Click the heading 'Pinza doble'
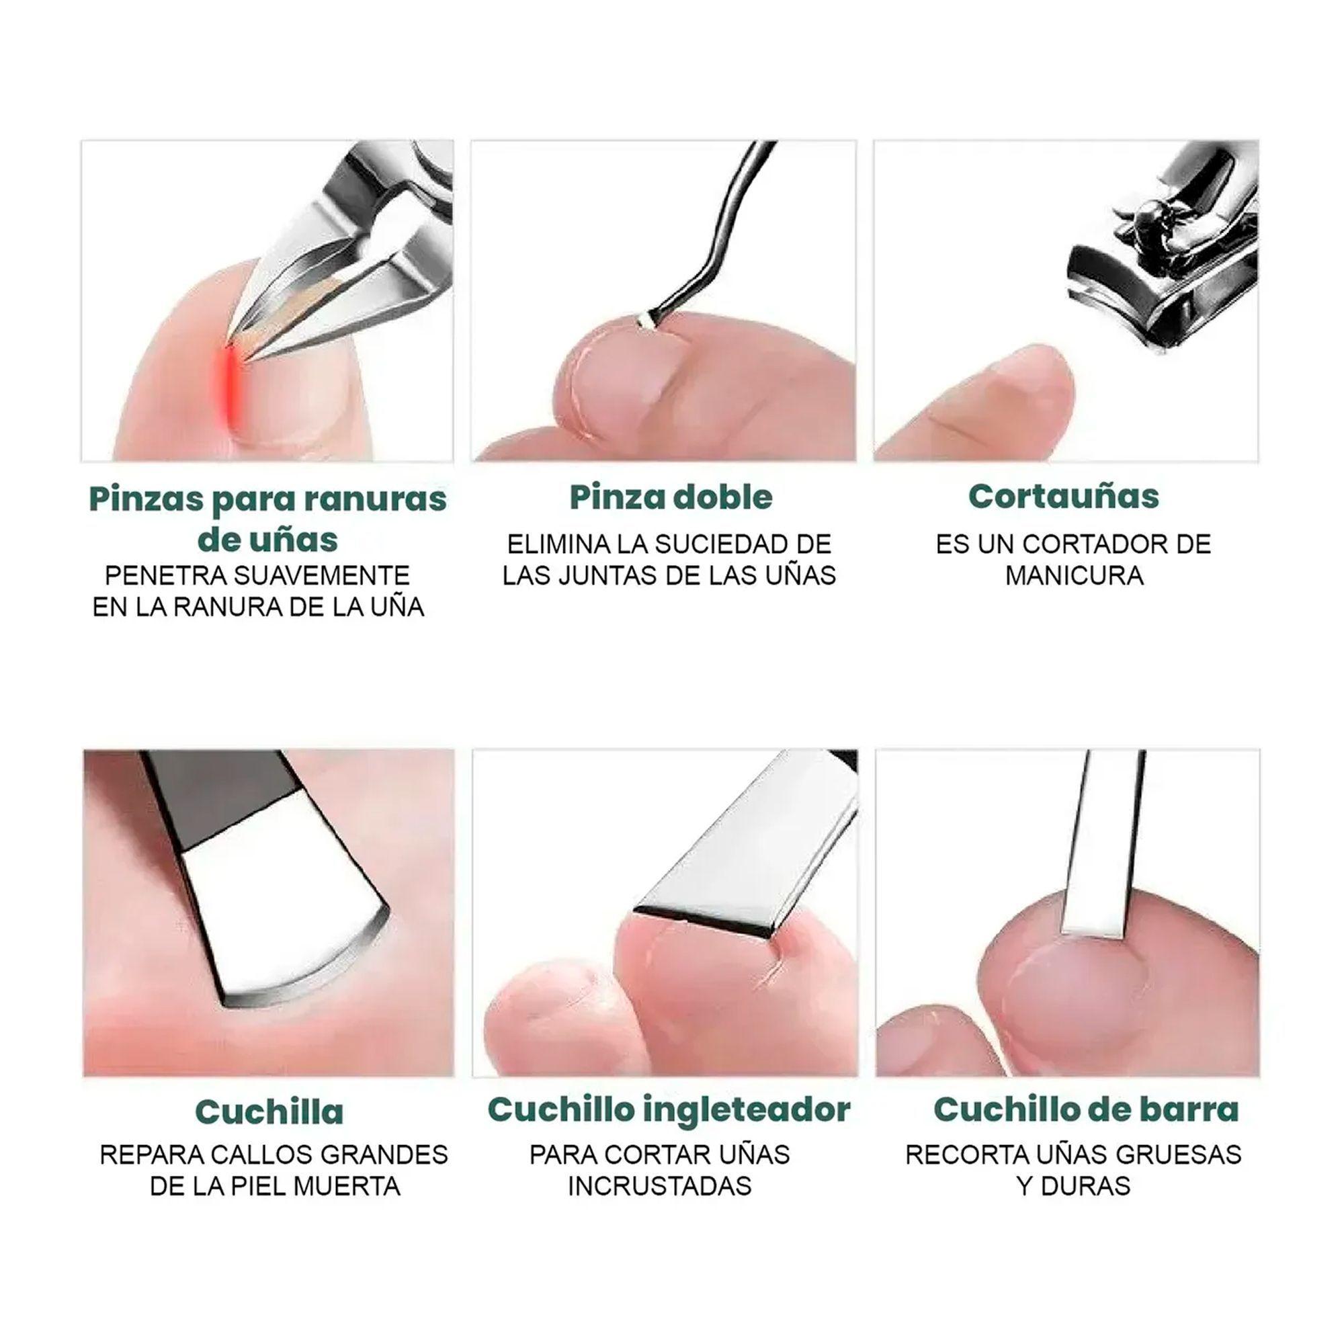pos(671,497)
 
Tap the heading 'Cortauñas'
pos(1064,496)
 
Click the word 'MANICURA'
pos(1074,576)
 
